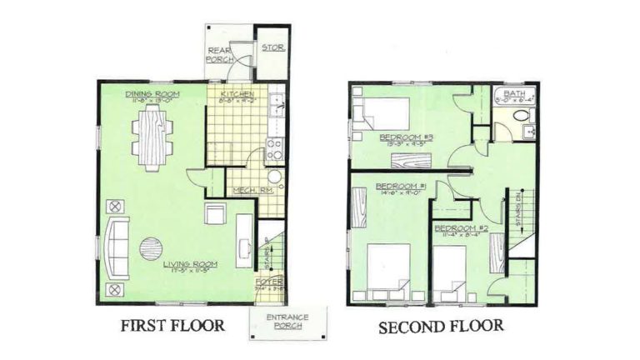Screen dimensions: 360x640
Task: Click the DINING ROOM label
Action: pyautogui.click(x=152, y=94)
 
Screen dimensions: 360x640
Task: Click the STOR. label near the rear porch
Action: pyautogui.click(x=272, y=48)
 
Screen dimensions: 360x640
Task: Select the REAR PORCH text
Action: pyautogui.click(x=222, y=55)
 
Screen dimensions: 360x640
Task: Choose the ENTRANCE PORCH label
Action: pyautogui.click(x=288, y=322)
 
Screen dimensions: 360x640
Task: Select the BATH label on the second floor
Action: pyautogui.click(x=517, y=94)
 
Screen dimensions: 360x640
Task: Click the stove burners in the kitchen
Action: pyautogui.click(x=273, y=148)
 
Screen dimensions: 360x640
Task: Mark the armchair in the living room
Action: pyautogui.click(x=215, y=214)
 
